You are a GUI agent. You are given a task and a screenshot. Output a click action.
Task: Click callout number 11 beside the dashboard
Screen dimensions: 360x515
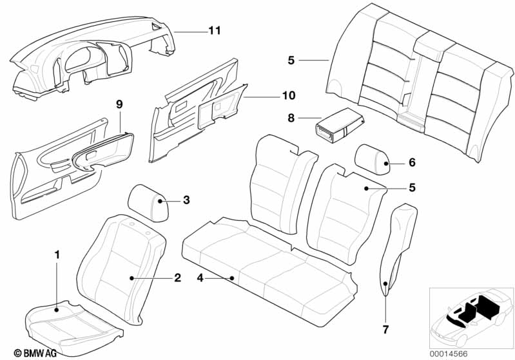pos(214,30)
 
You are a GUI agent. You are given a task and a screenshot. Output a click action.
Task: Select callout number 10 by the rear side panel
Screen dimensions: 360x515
pos(287,95)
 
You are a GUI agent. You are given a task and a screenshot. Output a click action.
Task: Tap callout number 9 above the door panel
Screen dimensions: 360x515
pos(119,104)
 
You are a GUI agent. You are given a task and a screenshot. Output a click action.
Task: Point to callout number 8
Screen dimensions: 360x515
pos(291,118)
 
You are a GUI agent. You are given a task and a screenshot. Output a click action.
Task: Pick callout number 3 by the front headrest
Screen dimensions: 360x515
pos(186,200)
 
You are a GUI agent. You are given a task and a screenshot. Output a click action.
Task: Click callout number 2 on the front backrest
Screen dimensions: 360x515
pos(177,278)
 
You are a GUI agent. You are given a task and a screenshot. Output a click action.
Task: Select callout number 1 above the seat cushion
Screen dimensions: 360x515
pos(57,255)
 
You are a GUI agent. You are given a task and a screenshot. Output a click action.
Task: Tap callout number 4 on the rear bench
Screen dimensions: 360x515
pos(200,278)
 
